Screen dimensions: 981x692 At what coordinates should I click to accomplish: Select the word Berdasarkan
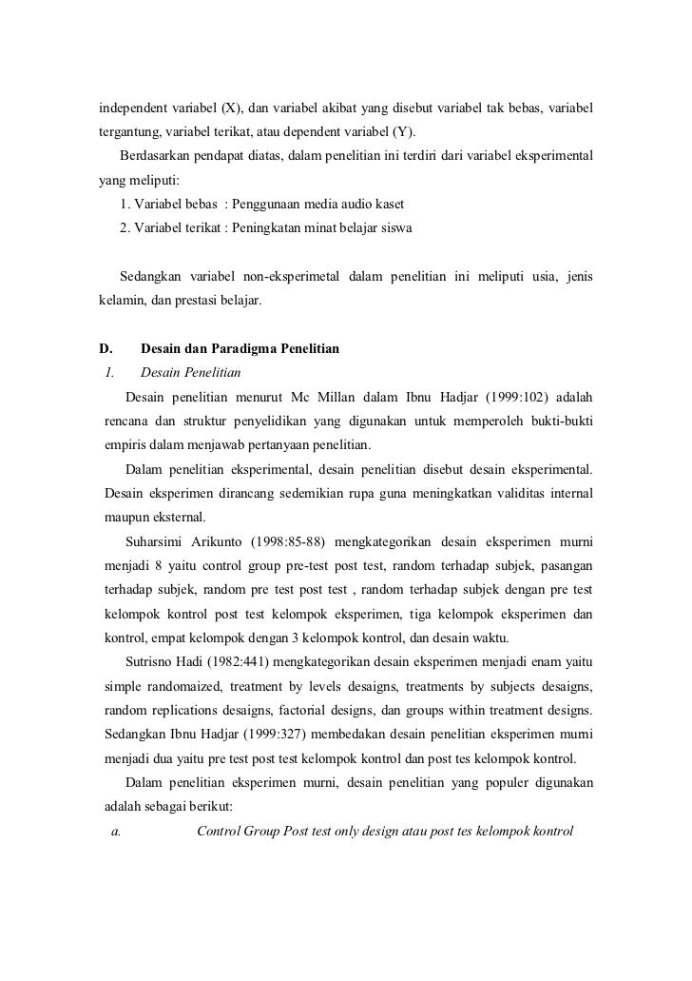tap(158, 155)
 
